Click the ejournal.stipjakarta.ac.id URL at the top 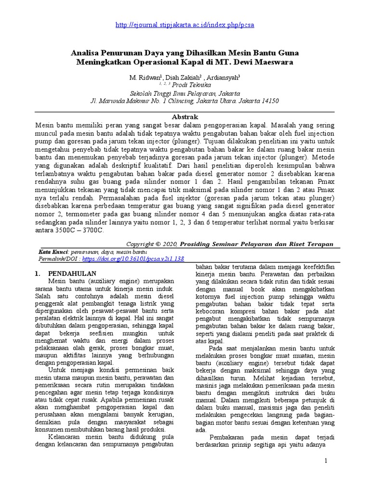185,25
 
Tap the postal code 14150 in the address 267,101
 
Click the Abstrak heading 185,117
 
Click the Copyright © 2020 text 152,244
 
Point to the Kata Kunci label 53,252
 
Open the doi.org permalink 133,259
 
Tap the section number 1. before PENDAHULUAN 40,273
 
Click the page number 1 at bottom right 326,461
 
